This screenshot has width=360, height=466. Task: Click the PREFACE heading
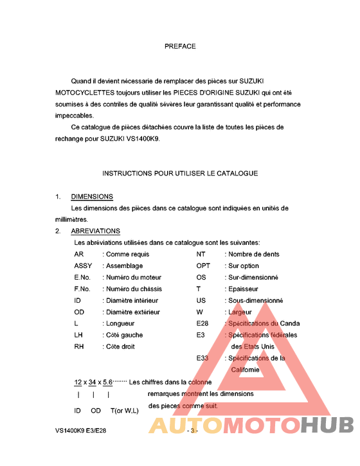pyautogui.click(x=180, y=46)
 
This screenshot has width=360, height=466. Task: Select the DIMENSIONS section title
pyautogui.click(x=92, y=197)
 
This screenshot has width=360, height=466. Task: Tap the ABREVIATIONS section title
pyautogui.click(x=95, y=231)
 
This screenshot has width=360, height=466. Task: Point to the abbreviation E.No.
pyautogui.click(x=82, y=277)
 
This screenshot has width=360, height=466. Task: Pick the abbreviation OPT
pyautogui.click(x=203, y=265)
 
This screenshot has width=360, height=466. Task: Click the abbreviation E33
pyautogui.click(x=202, y=358)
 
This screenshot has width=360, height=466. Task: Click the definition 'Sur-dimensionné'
pyautogui.click(x=253, y=277)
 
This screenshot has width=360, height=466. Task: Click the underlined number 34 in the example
pyautogui.click(x=93, y=382)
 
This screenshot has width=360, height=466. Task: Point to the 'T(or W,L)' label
pyautogui.click(x=124, y=410)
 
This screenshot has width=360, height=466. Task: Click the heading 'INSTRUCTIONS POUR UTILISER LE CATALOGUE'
pyautogui.click(x=180, y=174)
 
